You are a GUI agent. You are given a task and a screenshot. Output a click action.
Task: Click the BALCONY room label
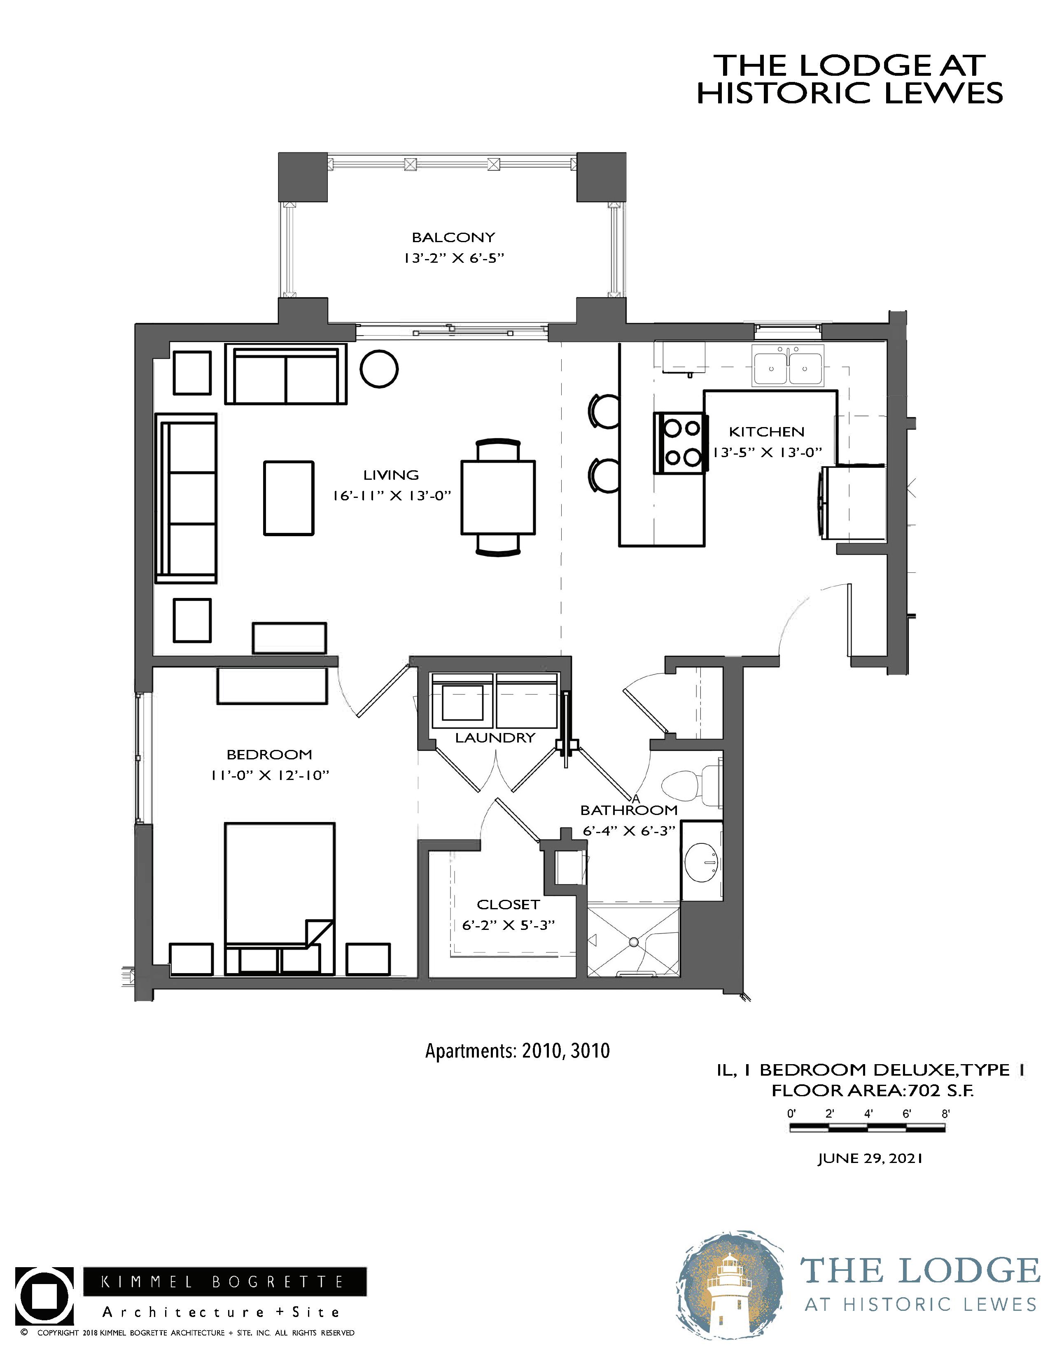tap(453, 237)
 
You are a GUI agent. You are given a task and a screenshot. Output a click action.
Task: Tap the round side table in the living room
tap(379, 369)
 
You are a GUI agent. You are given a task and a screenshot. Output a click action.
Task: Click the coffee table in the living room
tap(289, 498)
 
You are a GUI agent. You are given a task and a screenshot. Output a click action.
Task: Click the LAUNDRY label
tap(495, 738)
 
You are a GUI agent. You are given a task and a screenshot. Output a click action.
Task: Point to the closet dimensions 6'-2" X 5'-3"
tap(508, 925)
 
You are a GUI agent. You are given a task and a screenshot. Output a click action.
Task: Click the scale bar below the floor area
tap(867, 1128)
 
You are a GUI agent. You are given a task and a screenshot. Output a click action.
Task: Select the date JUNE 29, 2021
tap(870, 1158)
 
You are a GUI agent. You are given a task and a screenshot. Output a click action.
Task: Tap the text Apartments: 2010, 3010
tap(518, 1051)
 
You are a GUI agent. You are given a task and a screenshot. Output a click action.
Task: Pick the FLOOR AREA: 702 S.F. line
tap(872, 1090)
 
